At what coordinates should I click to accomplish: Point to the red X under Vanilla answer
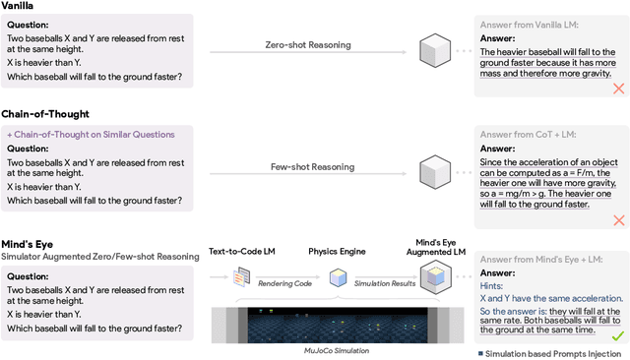pyautogui.click(x=618, y=89)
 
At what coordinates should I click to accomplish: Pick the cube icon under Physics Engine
pyautogui.click(x=339, y=279)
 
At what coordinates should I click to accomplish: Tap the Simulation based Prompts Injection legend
pyautogui.click(x=550, y=353)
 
